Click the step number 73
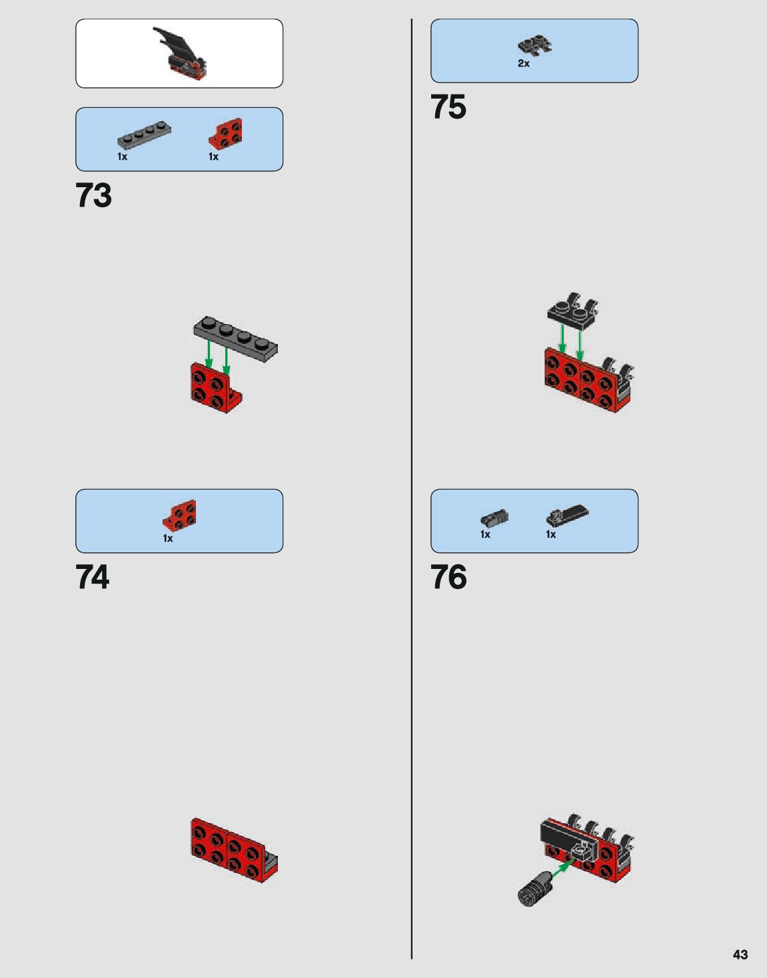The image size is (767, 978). (x=94, y=196)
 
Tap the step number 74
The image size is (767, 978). (x=93, y=578)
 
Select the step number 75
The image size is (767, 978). (x=448, y=107)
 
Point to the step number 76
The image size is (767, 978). (x=448, y=578)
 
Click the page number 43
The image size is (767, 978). (x=740, y=955)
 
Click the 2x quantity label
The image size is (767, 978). (x=524, y=64)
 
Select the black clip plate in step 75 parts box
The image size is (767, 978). (x=534, y=46)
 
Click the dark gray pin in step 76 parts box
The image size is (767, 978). (x=494, y=518)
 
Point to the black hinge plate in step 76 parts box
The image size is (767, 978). (x=567, y=515)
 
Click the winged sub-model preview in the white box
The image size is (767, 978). (x=180, y=53)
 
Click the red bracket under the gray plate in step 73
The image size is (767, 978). (x=214, y=388)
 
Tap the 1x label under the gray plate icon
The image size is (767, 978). (x=123, y=157)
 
